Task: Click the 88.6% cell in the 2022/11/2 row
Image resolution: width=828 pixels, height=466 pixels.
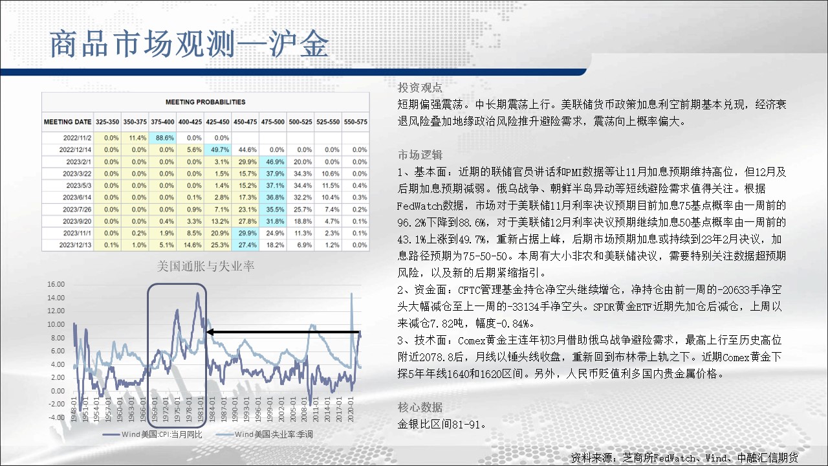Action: [x=162, y=138]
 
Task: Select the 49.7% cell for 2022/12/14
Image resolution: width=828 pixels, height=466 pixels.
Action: [x=217, y=150]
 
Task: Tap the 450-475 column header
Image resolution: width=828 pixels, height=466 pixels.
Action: [x=245, y=122]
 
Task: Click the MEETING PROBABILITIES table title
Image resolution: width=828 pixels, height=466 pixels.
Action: [x=205, y=102]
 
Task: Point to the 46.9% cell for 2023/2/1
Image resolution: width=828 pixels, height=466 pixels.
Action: [x=273, y=162]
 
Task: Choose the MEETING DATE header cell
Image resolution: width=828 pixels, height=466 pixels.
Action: [x=68, y=122]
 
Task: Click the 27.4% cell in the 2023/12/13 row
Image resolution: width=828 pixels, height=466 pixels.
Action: [x=245, y=245]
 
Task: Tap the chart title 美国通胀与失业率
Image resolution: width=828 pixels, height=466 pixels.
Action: [x=206, y=266]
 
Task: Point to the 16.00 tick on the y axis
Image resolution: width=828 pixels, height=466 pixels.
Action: [x=56, y=284]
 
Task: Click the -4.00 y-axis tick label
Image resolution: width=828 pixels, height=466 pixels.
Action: [x=56, y=417]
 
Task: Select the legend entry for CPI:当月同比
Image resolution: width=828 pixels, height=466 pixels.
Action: [x=152, y=434]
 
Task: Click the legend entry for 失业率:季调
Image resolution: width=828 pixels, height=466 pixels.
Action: [x=265, y=434]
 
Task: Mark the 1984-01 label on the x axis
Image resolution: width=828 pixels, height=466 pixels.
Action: [x=212, y=410]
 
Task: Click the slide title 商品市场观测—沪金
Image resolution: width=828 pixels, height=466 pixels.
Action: [x=190, y=45]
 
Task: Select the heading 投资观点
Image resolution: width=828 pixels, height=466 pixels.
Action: [x=420, y=87]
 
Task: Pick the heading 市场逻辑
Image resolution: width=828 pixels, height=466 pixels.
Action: [x=420, y=155]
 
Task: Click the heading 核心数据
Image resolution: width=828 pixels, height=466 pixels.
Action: [x=420, y=408]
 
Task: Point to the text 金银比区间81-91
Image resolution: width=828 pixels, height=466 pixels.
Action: [x=442, y=424]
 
